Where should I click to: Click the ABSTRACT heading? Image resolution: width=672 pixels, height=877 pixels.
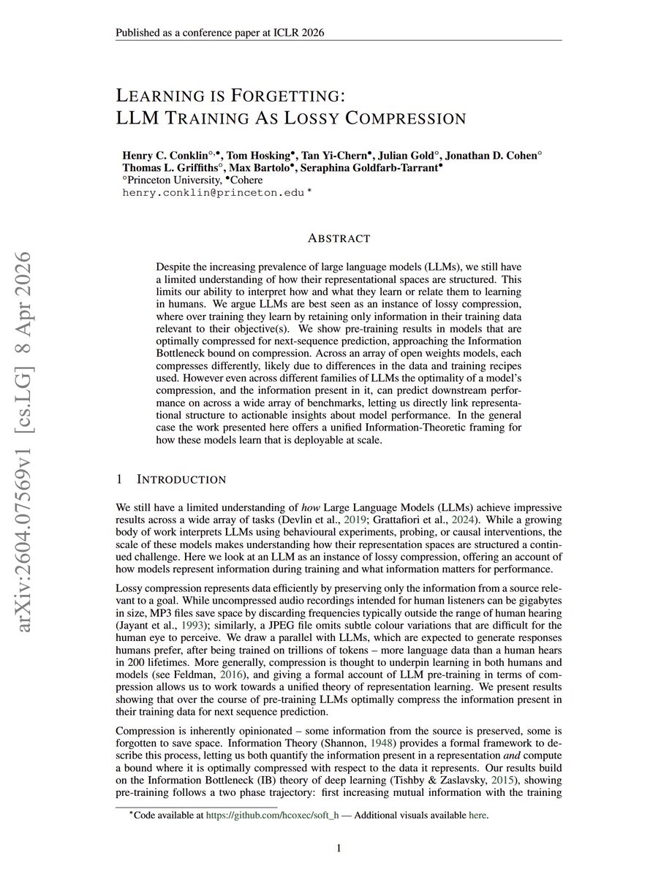point(339,238)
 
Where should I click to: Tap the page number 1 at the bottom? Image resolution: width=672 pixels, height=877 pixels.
point(339,848)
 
